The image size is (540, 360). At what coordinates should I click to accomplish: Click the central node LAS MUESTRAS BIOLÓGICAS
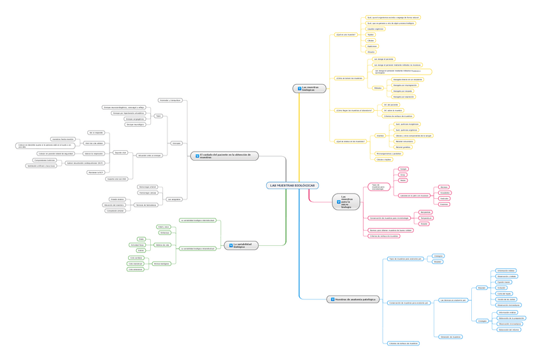pyautogui.click(x=292, y=185)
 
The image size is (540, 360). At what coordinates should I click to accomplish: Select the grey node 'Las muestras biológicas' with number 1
pyautogui.click(x=309, y=89)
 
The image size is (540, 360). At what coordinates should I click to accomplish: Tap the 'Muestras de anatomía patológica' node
pyautogui.click(x=353, y=299)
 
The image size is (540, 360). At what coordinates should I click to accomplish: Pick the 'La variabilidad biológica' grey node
pyautogui.click(x=241, y=245)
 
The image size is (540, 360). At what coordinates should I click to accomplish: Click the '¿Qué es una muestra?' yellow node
pyautogui.click(x=346, y=34)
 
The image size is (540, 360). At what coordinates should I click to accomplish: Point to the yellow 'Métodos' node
pyautogui.click(x=378, y=87)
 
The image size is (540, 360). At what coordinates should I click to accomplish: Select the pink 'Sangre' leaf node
pyautogui.click(x=403, y=169)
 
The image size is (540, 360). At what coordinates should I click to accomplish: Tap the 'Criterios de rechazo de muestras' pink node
pyautogui.click(x=384, y=236)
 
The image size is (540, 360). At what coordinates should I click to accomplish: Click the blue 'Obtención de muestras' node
pyautogui.click(x=450, y=336)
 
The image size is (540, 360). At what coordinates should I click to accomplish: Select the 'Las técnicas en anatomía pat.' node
pyautogui.click(x=453, y=299)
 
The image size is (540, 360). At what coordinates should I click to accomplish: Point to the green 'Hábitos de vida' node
pyautogui.click(x=163, y=244)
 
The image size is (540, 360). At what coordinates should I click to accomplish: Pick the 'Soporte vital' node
pyautogui.click(x=120, y=153)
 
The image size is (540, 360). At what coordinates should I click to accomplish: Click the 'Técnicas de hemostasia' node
pyautogui.click(x=146, y=205)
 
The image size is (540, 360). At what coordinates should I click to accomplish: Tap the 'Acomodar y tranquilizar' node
pyautogui.click(x=170, y=100)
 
